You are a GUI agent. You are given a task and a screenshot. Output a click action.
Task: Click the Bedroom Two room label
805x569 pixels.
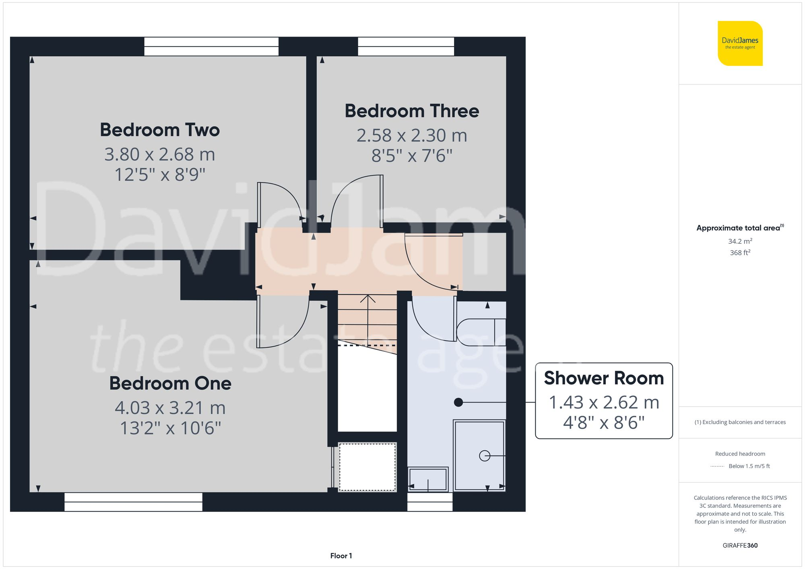pyautogui.click(x=160, y=130)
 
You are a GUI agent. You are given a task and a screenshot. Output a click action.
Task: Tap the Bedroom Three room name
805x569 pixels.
pyautogui.click(x=412, y=111)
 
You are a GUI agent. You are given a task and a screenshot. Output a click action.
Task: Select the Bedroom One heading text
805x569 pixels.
pyautogui.click(x=170, y=383)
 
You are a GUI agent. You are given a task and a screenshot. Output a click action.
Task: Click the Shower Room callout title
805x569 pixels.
pyautogui.click(x=603, y=378)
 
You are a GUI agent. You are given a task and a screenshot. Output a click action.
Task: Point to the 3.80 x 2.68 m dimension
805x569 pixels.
pyautogui.click(x=160, y=154)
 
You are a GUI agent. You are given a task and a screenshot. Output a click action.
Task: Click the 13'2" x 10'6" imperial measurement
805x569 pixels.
pyautogui.click(x=170, y=428)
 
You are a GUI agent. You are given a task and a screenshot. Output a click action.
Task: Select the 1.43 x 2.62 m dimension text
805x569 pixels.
pyautogui.click(x=603, y=403)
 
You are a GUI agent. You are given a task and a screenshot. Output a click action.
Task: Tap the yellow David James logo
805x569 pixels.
pyautogui.click(x=740, y=43)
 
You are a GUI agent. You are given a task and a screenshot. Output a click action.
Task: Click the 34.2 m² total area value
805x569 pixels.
pyautogui.click(x=740, y=241)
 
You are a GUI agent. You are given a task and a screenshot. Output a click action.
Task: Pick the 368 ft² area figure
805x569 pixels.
pyautogui.click(x=740, y=253)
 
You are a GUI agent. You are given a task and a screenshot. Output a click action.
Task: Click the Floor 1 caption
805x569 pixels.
pyautogui.click(x=341, y=556)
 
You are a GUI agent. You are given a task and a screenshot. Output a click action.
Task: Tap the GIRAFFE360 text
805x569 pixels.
pyautogui.click(x=740, y=546)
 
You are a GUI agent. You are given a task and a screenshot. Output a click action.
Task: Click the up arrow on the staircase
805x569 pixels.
pyautogui.click(x=367, y=300)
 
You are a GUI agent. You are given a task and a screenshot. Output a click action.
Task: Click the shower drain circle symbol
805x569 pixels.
pyautogui.click(x=485, y=456)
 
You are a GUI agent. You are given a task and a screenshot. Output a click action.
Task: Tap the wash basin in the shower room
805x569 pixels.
pyautogui.click(x=428, y=479)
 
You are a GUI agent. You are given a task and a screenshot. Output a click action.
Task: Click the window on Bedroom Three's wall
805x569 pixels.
pyautogui.click(x=406, y=46)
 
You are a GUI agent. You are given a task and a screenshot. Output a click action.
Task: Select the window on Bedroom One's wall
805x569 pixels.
pyautogui.click(x=133, y=502)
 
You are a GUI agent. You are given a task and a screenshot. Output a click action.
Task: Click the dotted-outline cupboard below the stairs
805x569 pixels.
pyautogui.click(x=367, y=467)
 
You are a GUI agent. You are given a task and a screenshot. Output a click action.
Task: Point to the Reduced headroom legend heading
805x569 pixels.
pyautogui.click(x=740, y=454)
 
